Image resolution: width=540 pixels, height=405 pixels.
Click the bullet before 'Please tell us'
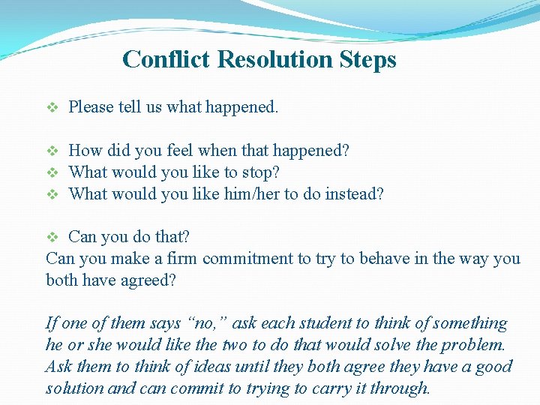52,107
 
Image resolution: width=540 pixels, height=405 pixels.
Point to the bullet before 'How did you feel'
52,151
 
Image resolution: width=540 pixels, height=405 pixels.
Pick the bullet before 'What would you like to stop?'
52,172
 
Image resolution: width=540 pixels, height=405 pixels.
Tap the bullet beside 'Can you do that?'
52,238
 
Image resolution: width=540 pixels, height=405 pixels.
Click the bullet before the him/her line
52,194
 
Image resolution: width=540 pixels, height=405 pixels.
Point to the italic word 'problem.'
472,346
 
